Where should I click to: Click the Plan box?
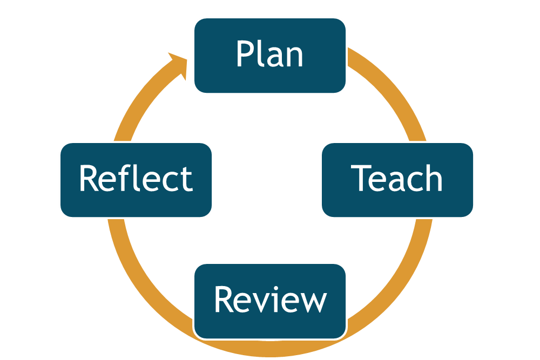tap(270, 56)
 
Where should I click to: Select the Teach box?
tap(397, 180)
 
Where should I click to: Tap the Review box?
tap(270, 301)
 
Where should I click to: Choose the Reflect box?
tap(136, 180)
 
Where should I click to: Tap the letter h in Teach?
tap(431, 178)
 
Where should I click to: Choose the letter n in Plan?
tap(293, 57)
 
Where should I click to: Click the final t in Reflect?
tap(187, 179)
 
